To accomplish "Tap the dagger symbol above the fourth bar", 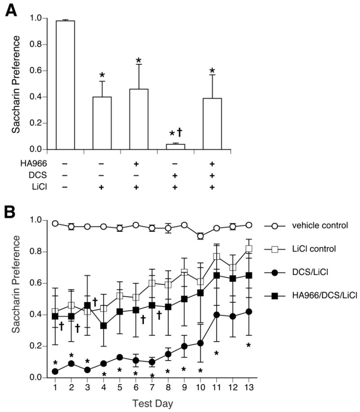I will (x=180, y=132).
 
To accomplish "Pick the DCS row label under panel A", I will (x=17, y=174).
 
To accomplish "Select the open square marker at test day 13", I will (x=248, y=249).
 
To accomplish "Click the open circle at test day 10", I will (x=200, y=236).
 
